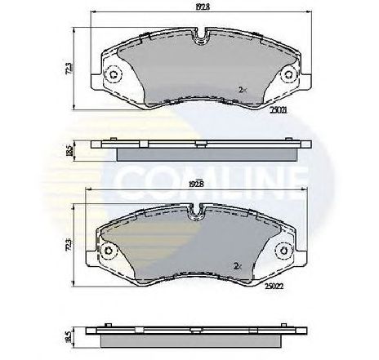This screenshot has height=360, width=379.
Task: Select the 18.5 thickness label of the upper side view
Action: [x=78, y=149]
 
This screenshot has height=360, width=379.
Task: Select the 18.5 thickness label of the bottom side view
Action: [x=78, y=335]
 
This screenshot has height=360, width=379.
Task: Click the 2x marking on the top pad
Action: [x=243, y=89]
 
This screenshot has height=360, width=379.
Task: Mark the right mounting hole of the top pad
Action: [x=288, y=76]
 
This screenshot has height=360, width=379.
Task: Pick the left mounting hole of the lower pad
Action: [x=108, y=251]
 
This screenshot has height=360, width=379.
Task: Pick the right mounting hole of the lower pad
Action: [x=283, y=251]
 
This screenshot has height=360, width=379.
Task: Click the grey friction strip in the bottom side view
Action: [x=194, y=338]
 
